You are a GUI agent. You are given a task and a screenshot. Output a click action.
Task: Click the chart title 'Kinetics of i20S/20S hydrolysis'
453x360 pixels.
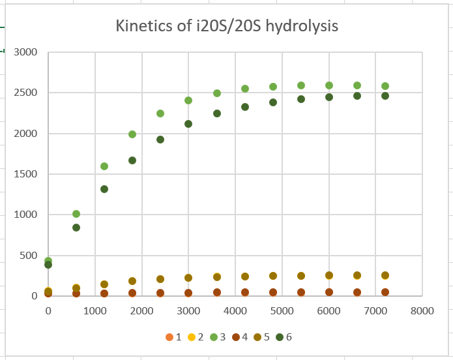click(227, 26)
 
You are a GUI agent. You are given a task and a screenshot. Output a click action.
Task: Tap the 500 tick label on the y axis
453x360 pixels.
click(28, 256)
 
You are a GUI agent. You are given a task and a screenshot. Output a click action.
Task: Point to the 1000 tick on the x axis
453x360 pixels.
click(95, 311)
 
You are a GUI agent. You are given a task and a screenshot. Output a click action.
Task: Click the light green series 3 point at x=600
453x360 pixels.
click(76, 214)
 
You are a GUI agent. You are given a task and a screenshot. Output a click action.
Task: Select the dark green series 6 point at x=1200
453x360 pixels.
click(104, 189)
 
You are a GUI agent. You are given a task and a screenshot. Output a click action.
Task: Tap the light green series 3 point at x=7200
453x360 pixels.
click(385, 86)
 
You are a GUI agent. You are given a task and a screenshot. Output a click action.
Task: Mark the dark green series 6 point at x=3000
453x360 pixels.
click(188, 124)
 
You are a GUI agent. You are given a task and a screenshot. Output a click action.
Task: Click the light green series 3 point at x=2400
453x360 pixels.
click(160, 113)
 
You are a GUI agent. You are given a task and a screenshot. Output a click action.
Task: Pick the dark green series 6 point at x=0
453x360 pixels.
click(48, 265)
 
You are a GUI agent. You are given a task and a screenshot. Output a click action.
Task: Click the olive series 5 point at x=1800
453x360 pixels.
click(132, 281)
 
